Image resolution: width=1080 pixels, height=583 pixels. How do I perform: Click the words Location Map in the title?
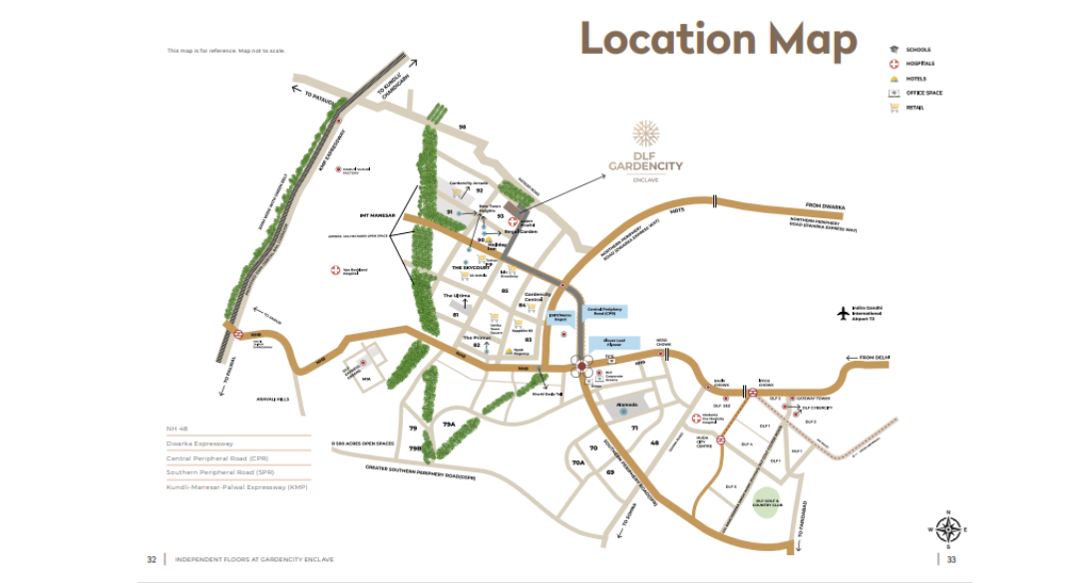pyautogui.click(x=718, y=40)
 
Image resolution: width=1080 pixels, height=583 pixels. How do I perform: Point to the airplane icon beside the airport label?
pyautogui.click(x=843, y=314)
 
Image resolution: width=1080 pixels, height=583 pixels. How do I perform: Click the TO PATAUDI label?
pyautogui.click(x=311, y=96)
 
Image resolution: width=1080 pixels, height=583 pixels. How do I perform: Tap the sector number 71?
pyautogui.click(x=633, y=428)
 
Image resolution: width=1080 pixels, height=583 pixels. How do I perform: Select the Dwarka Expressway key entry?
pyautogui.click(x=199, y=442)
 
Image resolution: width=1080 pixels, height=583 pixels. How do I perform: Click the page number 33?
pyautogui.click(x=951, y=559)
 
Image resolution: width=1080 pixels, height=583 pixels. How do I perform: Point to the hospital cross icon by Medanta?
pyautogui.click(x=697, y=418)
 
